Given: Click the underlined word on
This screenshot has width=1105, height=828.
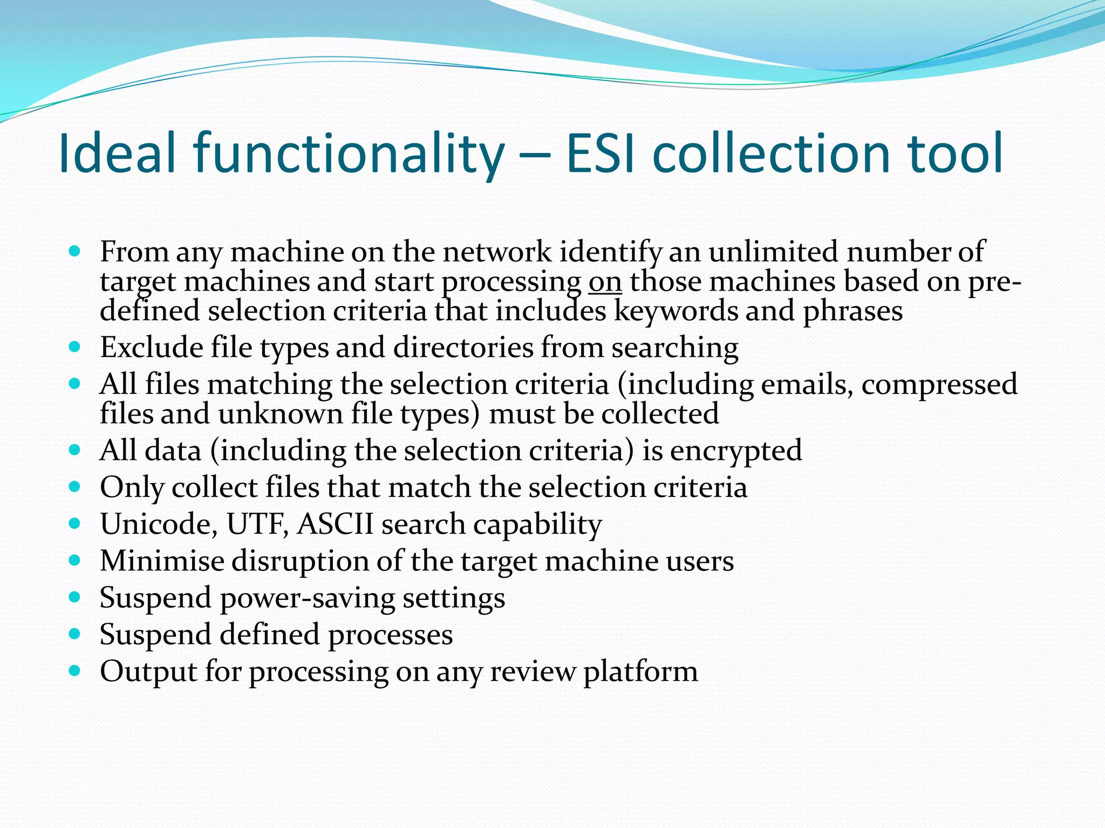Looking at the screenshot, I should (x=605, y=282).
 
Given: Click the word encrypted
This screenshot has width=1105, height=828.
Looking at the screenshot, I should (x=736, y=451).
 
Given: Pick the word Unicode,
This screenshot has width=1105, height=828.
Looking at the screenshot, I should (x=159, y=524).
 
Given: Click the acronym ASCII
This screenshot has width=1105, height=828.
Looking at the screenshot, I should (x=335, y=524).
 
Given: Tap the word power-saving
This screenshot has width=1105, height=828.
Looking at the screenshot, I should (x=308, y=598).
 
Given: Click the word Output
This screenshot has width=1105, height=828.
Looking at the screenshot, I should (x=148, y=672).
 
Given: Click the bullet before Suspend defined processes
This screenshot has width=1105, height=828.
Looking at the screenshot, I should (x=75, y=634).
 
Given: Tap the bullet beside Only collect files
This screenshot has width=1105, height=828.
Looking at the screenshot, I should (x=75, y=487).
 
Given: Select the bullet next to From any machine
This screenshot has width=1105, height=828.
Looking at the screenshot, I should (x=75, y=251).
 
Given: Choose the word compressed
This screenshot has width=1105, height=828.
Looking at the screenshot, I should (x=939, y=385).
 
